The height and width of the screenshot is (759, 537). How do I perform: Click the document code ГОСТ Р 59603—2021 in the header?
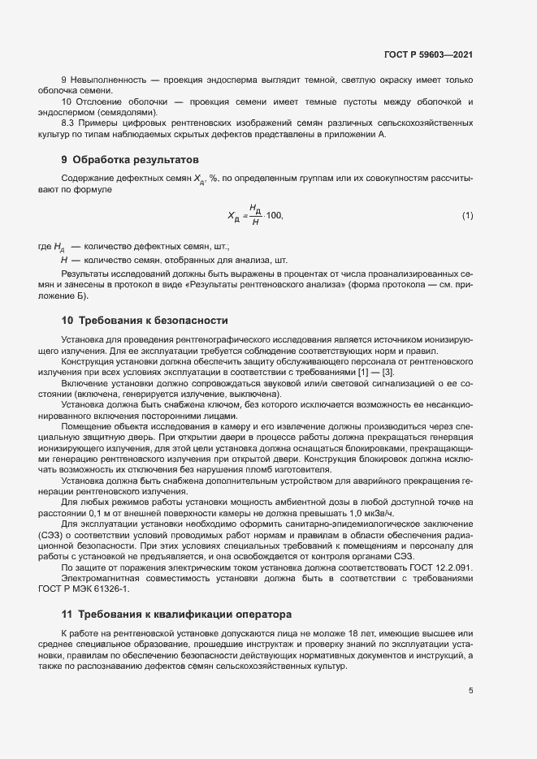[428, 54]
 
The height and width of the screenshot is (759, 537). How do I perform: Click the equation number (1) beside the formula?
[467, 215]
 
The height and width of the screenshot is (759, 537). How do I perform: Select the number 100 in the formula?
[273, 215]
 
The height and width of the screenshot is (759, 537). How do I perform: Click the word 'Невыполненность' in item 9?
[107, 81]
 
